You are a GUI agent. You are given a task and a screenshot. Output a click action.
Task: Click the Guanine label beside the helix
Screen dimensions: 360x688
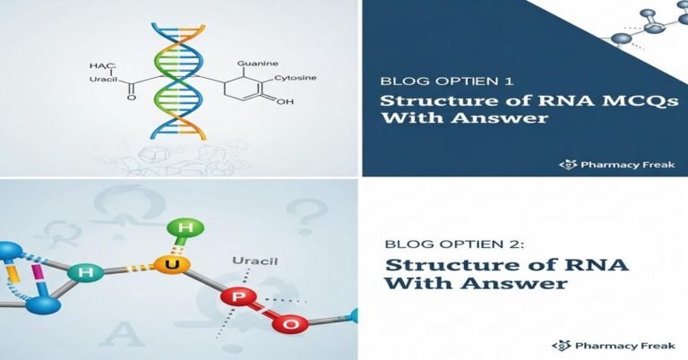[258, 64]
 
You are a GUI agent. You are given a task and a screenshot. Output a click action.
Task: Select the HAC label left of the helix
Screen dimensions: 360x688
[102, 67]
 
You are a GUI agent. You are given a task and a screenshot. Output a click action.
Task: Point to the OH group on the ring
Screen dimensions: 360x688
[285, 102]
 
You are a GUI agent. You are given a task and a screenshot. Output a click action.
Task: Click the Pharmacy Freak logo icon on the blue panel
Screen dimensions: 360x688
[565, 164]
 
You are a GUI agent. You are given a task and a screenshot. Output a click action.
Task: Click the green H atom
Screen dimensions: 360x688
[185, 227]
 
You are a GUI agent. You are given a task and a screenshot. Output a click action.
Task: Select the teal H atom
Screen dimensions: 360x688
[87, 270]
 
